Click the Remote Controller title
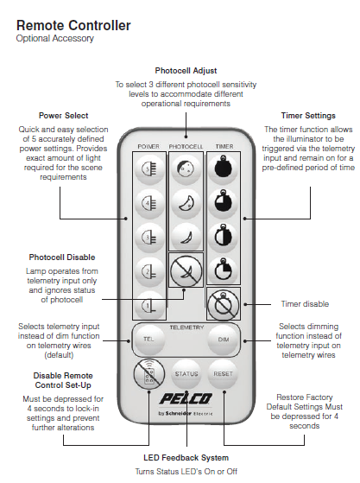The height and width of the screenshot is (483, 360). coord(73,25)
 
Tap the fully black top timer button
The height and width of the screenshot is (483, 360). coord(223,169)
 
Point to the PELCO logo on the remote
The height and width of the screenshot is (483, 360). coord(185,399)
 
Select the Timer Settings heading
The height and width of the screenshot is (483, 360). coord(308,115)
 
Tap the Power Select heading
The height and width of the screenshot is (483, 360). coord(63,115)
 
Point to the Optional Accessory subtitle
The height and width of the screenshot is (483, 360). coord(54,39)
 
